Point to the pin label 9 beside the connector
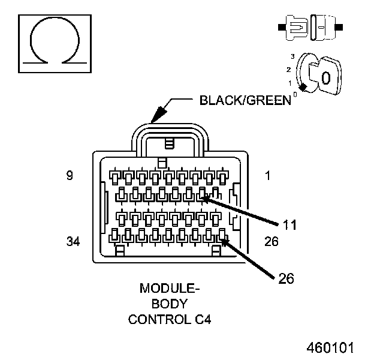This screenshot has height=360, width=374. tap(70, 176)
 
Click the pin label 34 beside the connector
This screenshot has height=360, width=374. tap(73, 241)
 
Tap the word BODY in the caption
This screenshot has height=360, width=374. tap(170, 304)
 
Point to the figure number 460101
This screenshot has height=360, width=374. tap(331, 348)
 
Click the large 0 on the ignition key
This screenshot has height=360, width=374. tap(325, 78)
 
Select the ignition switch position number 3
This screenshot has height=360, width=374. tap(292, 56)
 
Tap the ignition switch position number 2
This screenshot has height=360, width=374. tap(289, 69)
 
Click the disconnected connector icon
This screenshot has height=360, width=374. tap(309, 28)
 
